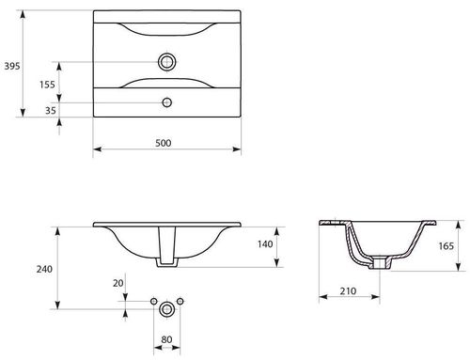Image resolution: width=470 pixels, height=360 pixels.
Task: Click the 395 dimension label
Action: tap(12, 66)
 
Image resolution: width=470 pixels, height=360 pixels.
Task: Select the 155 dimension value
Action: tap(47, 85)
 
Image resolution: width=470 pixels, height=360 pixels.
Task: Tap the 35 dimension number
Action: tap(51, 111)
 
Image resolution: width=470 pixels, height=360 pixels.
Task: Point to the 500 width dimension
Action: tap(164, 143)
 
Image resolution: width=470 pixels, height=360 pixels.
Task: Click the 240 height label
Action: tap(44, 269)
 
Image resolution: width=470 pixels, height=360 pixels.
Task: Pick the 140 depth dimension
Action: tap(265, 244)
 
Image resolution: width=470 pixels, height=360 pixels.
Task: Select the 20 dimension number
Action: tap(118, 283)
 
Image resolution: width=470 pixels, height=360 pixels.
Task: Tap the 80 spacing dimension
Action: tap(166, 339)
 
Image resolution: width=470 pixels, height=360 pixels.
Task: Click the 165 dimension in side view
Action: tap(446, 246)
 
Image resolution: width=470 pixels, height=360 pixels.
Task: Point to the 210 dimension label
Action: tap(348, 291)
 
